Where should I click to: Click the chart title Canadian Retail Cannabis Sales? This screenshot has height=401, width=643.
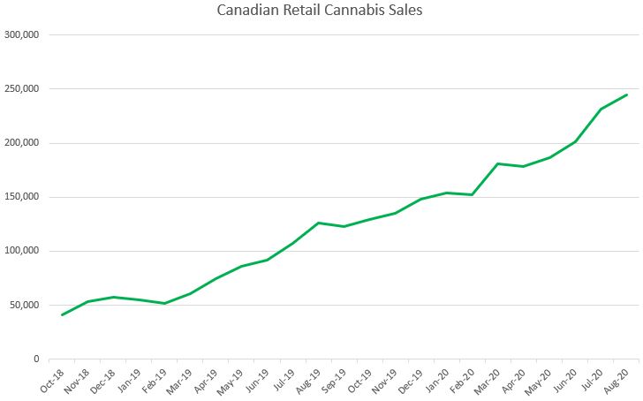pyautogui.click(x=321, y=11)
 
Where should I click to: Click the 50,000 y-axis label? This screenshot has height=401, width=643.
pyautogui.click(x=26, y=305)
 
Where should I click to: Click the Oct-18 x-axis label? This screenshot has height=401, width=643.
pyautogui.click(x=51, y=381)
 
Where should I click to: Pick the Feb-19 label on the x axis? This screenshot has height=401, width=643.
pyautogui.click(x=154, y=381)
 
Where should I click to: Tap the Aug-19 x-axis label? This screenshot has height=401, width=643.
pyautogui.click(x=307, y=381)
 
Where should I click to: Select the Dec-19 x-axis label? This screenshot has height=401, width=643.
pyautogui.click(x=410, y=381)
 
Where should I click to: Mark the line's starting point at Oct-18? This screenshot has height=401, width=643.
pyautogui.click(x=62, y=314)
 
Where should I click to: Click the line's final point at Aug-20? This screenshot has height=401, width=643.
pyautogui.click(x=626, y=95)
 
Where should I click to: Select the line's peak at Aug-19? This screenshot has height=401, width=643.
pyautogui.click(x=318, y=223)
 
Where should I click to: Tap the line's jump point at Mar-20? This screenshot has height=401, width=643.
pyautogui.click(x=498, y=163)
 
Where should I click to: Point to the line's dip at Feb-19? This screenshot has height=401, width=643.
pyautogui.click(x=164, y=303)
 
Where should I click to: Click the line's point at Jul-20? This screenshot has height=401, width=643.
pyautogui.click(x=601, y=110)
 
